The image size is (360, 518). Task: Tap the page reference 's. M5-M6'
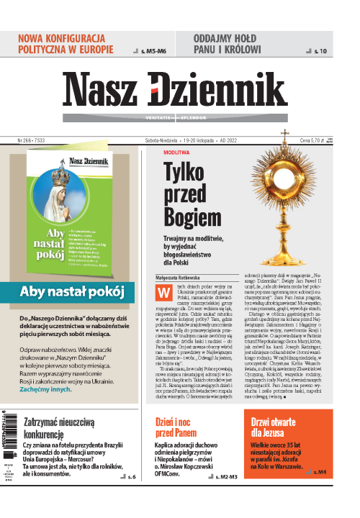pos(153,51)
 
